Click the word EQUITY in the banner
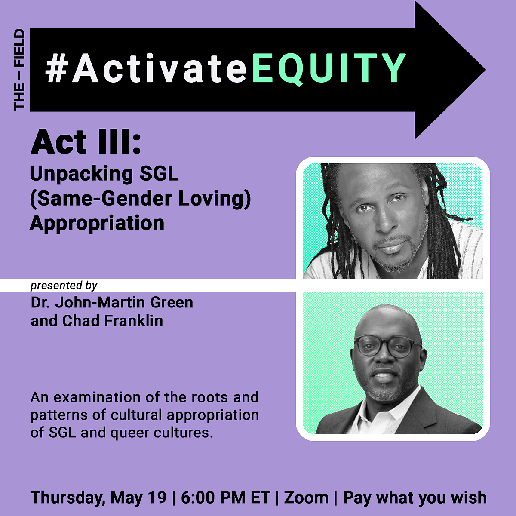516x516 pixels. pos(329,68)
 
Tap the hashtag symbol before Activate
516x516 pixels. pos(56,68)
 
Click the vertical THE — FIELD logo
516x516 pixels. pos(19,70)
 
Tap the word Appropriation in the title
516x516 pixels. pos(97,223)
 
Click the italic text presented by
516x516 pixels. pos(64,286)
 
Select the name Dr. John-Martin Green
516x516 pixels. pos(112,303)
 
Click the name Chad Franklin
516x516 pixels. pos(113,321)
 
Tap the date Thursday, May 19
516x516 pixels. pos(98,498)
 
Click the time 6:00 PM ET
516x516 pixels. pos(225,498)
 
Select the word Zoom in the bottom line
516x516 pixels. pos(306,498)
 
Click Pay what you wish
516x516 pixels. pos(415,498)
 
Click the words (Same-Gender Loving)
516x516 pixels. pos(140,199)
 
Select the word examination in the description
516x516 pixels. pos(97,398)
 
